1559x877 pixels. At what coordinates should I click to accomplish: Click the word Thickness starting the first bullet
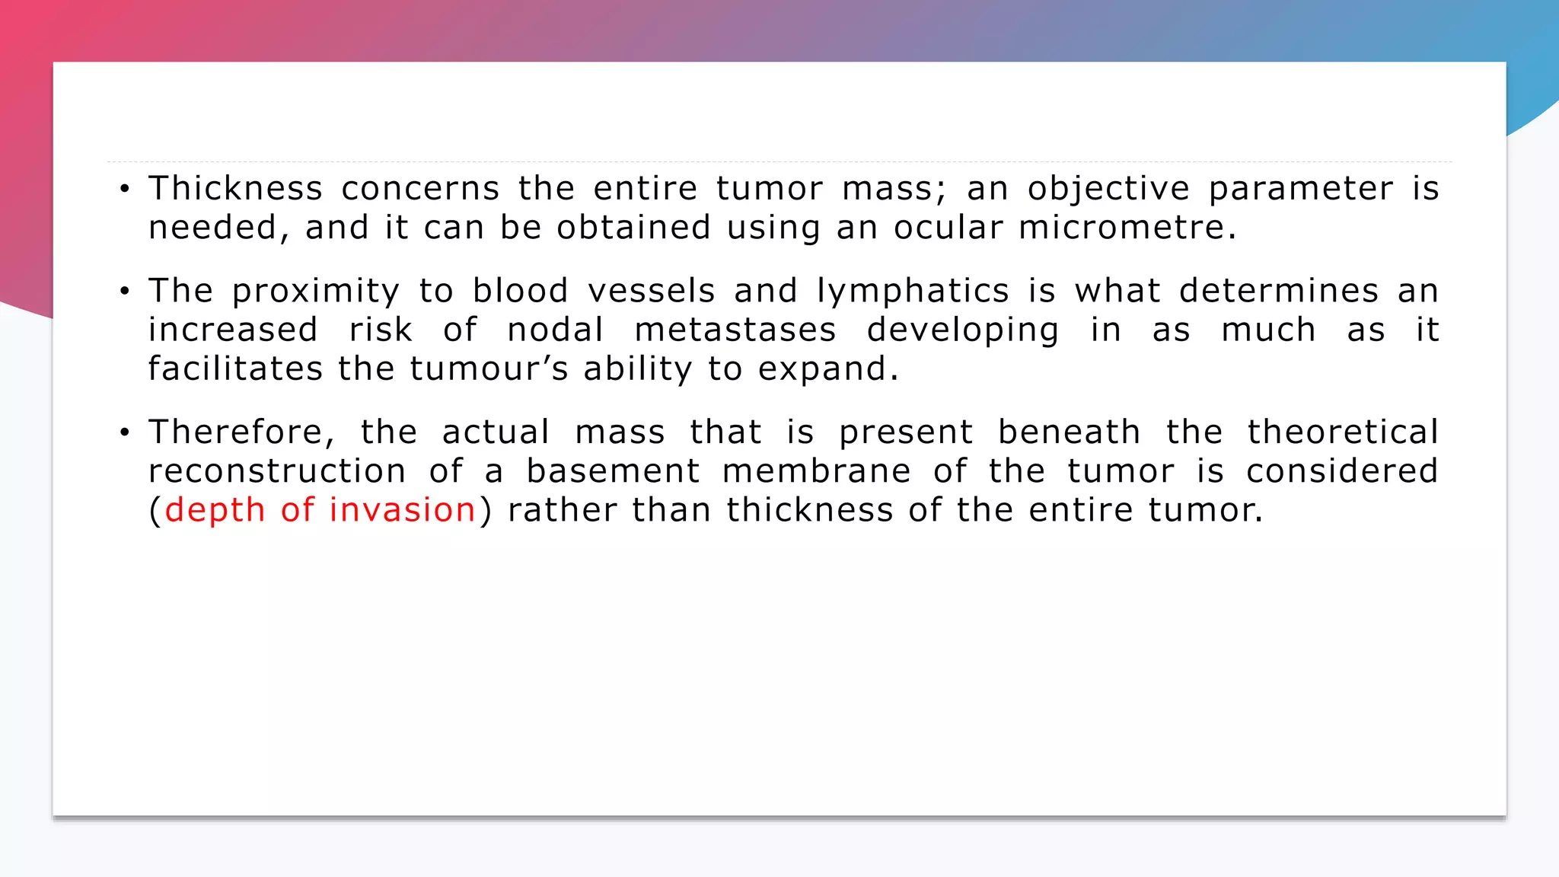point(235,189)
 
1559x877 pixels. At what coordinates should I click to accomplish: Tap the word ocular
point(948,228)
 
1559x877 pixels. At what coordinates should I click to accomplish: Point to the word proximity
point(315,292)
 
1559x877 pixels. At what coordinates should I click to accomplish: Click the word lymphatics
point(913,292)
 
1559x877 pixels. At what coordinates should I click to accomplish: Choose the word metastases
point(735,330)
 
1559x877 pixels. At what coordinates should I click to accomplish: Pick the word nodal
point(555,330)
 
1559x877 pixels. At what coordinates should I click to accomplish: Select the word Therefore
point(237,432)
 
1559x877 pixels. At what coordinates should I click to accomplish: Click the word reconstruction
point(277,472)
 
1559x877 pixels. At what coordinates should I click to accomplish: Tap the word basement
point(613,471)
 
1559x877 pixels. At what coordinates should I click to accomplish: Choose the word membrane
point(816,471)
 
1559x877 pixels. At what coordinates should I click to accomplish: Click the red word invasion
point(402,510)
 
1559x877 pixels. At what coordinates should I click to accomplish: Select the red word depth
point(215,511)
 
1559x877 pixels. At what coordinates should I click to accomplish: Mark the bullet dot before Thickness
point(125,189)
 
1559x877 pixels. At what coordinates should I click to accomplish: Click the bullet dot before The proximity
point(125,292)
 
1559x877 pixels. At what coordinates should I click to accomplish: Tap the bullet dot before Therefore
point(125,433)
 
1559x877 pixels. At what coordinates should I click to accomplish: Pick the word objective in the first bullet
point(1108,190)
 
